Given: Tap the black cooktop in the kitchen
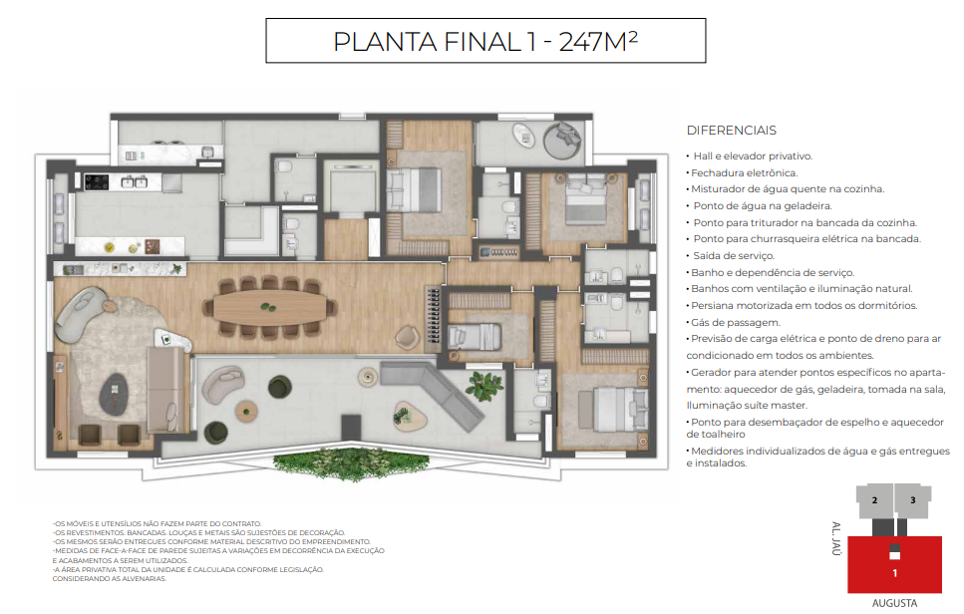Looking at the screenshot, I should (x=98, y=181).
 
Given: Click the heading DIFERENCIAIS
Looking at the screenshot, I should (x=731, y=131).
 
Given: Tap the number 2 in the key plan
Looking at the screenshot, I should (x=873, y=500).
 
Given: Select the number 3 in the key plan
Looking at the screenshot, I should (x=912, y=500).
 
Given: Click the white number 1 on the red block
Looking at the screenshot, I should (x=894, y=573).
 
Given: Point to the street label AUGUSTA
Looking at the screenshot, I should (x=894, y=603).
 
